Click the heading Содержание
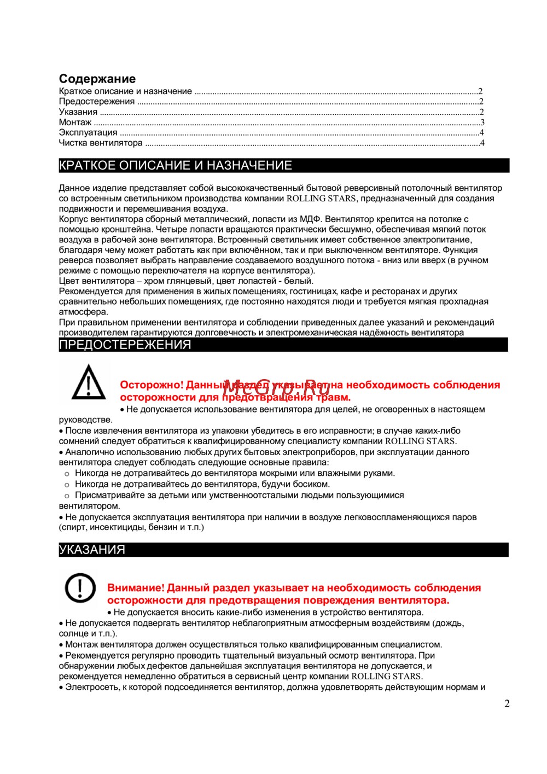97,79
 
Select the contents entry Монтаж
75,123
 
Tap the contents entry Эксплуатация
88,132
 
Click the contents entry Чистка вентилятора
101,143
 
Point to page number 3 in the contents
482,123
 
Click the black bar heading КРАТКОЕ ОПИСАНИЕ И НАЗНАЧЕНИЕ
176,165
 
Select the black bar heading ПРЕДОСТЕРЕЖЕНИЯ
125,345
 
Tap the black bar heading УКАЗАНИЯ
92,550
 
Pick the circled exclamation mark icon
80,588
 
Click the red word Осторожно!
152,385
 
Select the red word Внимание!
136,588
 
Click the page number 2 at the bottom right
507,703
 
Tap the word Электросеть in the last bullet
92,687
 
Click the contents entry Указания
78,112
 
